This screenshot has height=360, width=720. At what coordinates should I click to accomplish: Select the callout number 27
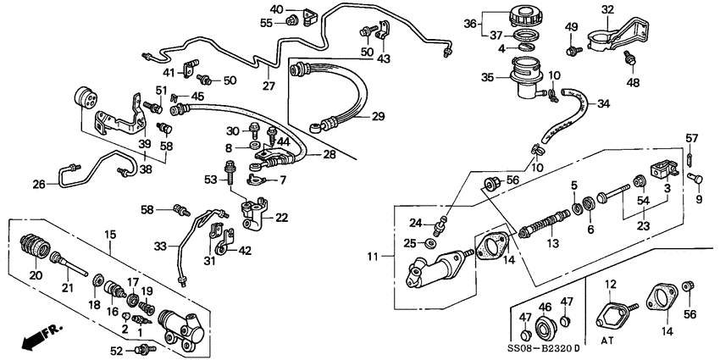269,85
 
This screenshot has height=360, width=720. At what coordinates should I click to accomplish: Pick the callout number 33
159,246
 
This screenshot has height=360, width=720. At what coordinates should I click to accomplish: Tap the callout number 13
554,243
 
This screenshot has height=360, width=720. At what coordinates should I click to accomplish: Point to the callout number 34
603,105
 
